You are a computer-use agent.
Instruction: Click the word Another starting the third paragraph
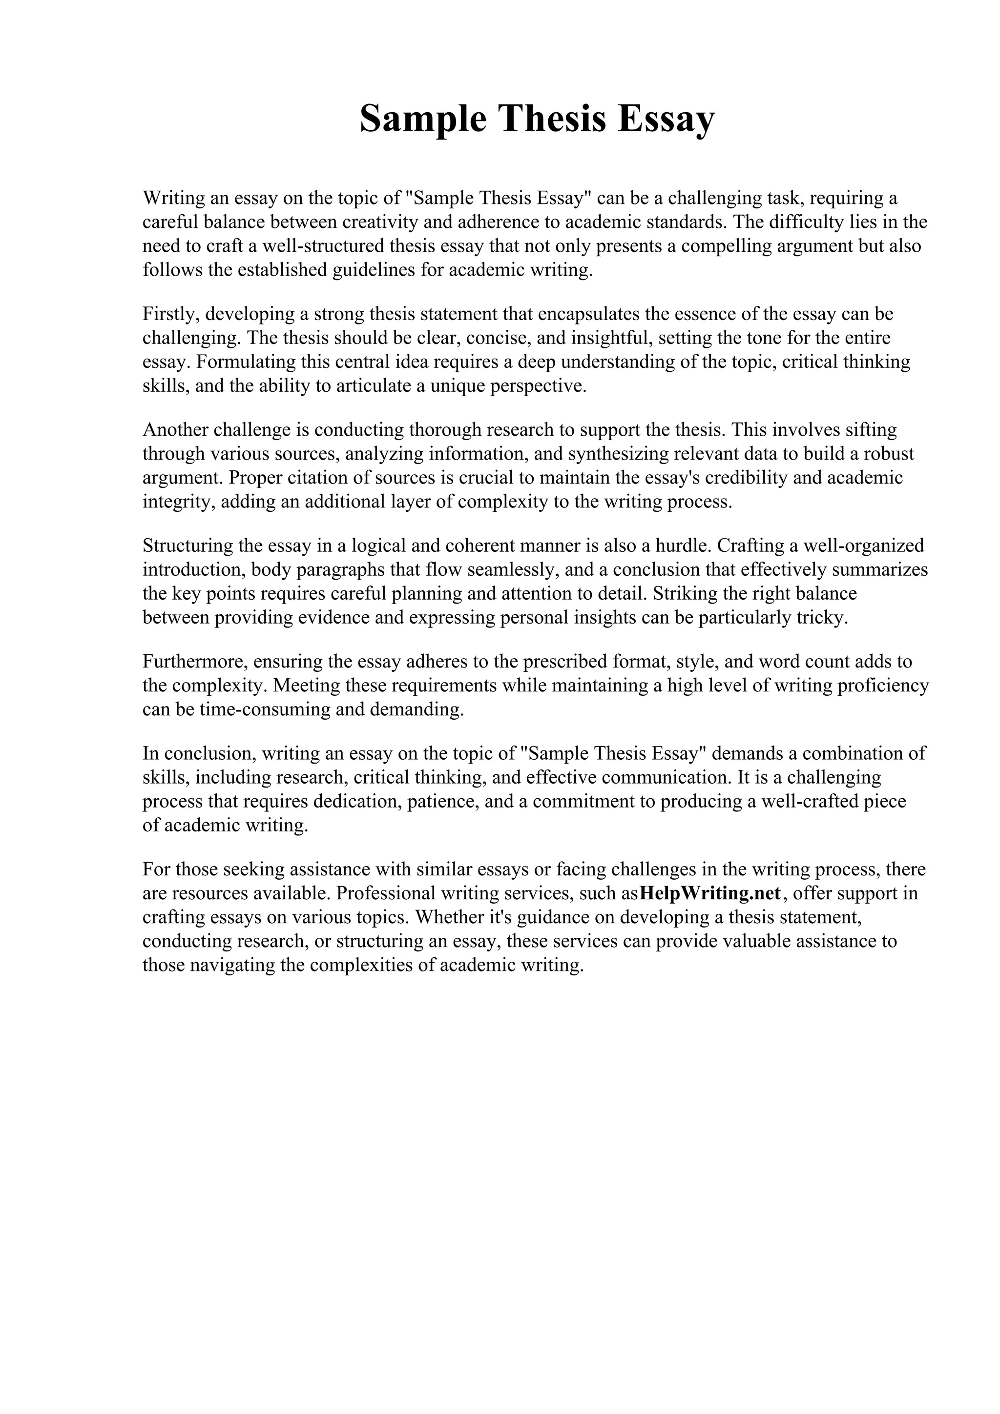point(176,430)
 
